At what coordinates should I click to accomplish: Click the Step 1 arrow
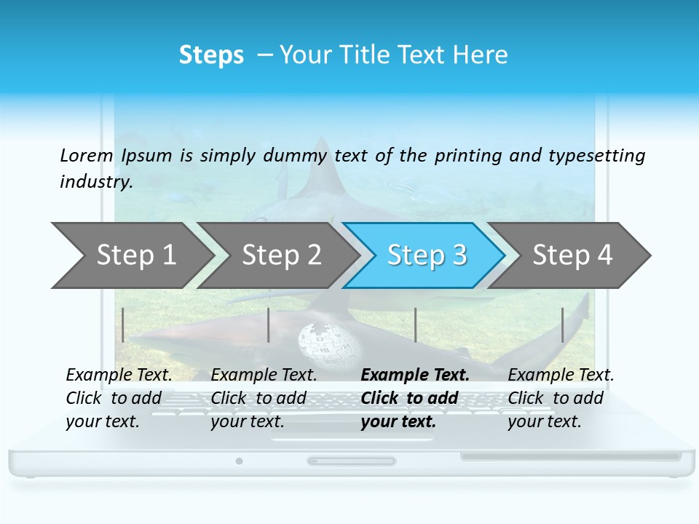tap(131, 255)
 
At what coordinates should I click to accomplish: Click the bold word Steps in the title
tap(211, 55)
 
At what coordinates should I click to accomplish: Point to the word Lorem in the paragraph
tap(87, 155)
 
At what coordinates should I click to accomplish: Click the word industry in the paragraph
tap(95, 181)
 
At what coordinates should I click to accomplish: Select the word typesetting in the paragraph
tap(596, 155)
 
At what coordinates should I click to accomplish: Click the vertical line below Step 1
tap(123, 325)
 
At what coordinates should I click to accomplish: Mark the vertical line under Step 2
tap(269, 325)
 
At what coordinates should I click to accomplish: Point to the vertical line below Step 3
tap(415, 325)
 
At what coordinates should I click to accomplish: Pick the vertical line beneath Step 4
tap(562, 325)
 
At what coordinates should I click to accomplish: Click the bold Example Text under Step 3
tap(415, 376)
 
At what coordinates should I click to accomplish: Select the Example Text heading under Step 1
tap(119, 376)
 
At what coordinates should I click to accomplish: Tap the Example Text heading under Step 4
tap(561, 376)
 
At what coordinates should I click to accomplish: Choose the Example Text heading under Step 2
tap(264, 376)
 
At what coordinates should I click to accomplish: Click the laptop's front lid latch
tap(351, 461)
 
